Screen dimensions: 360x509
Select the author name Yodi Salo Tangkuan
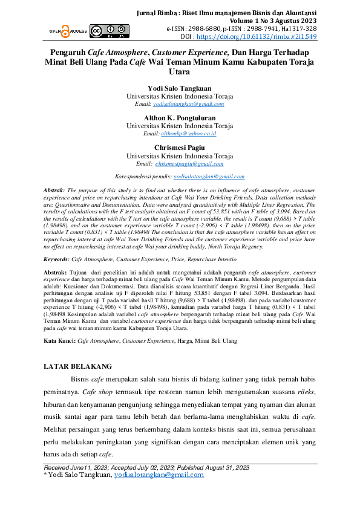[x=180, y=88]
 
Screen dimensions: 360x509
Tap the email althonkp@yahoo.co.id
[x=188, y=133]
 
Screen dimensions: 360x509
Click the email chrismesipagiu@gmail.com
[x=189, y=163]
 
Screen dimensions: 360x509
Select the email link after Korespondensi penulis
[x=209, y=177]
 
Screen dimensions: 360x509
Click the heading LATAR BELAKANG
[x=78, y=366]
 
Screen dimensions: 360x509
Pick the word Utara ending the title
[x=180, y=71]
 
